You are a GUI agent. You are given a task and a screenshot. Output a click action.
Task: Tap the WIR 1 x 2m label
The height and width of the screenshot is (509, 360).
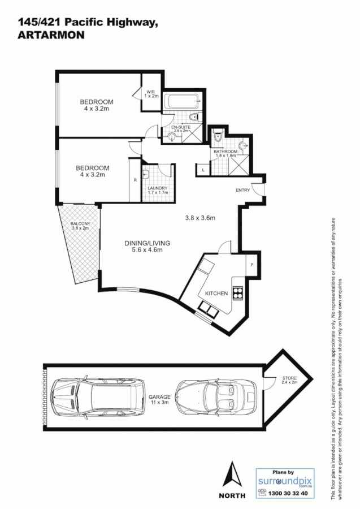(151, 94)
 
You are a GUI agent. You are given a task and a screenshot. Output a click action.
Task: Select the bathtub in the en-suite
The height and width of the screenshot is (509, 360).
(181, 103)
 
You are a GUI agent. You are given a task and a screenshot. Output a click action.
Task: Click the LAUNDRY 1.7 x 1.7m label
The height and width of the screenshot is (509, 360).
(158, 190)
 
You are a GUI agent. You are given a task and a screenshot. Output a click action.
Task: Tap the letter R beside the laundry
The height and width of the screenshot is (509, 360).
(135, 180)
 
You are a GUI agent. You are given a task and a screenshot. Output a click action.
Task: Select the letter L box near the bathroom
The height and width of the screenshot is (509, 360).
(203, 169)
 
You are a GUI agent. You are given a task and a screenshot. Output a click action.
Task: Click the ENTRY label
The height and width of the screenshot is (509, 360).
(242, 190)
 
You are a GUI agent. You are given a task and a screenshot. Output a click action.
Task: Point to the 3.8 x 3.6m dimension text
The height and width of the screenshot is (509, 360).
(201, 218)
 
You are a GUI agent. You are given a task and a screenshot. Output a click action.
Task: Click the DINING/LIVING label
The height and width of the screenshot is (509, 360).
(147, 246)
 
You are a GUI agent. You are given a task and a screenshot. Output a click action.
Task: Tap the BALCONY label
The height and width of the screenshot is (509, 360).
(80, 226)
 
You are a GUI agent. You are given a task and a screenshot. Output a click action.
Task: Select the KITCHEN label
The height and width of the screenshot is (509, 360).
(216, 294)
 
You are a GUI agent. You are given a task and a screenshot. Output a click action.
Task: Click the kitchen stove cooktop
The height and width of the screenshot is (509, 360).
(238, 293)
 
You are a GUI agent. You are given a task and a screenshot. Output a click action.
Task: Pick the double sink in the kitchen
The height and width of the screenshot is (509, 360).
(207, 309)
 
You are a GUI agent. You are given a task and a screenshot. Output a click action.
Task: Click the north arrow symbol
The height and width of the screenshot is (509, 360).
(232, 476)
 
